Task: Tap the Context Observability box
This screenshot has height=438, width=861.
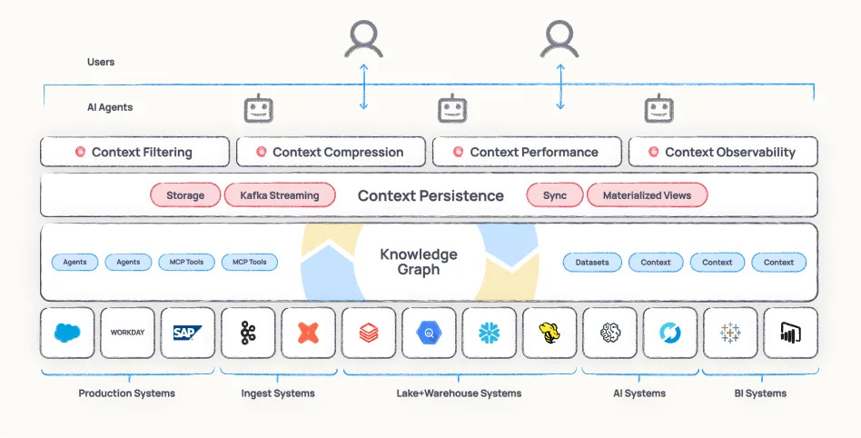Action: tap(723, 152)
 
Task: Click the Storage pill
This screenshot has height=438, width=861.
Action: tap(185, 195)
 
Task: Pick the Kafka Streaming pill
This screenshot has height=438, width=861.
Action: tap(280, 195)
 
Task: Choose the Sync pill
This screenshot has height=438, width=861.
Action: tap(555, 195)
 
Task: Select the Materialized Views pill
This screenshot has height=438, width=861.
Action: tap(647, 195)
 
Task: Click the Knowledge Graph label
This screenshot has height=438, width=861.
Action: tap(419, 262)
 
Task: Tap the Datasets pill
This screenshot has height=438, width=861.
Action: tap(593, 262)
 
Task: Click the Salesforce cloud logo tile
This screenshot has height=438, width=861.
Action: tap(67, 333)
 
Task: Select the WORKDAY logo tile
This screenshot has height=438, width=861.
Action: tap(127, 333)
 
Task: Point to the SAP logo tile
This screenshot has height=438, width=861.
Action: tap(188, 333)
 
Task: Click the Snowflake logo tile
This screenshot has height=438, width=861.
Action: tap(490, 333)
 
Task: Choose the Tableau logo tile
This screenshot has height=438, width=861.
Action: tap(730, 333)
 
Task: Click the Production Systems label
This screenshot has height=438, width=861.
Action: tap(126, 393)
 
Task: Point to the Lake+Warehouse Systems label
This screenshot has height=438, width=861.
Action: tap(459, 393)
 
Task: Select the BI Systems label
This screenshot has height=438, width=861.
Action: tap(759, 393)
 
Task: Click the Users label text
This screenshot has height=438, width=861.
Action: tap(101, 62)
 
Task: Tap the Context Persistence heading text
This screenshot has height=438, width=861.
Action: tap(430, 195)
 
